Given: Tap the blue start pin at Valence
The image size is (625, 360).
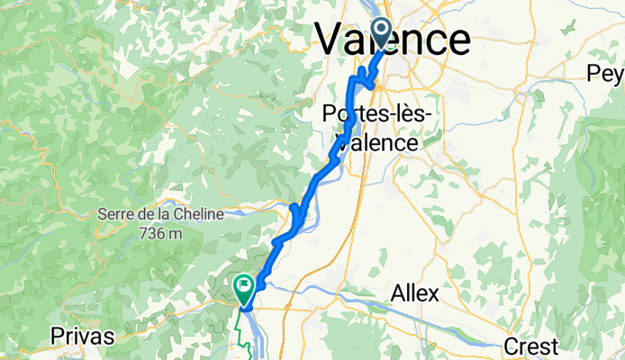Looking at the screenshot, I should click(379, 33).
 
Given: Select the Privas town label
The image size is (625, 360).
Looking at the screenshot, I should click(83, 337).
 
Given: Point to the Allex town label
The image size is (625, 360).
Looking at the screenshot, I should click(414, 292).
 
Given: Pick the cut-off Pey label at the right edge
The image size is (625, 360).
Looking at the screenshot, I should click(606, 72).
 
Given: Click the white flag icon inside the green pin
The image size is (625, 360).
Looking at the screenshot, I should click(244, 286).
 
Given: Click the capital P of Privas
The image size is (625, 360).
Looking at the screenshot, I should click(57, 337).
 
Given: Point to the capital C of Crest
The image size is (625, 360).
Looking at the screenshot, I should click(509, 346).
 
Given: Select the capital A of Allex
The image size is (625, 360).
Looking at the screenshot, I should click(397, 292).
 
